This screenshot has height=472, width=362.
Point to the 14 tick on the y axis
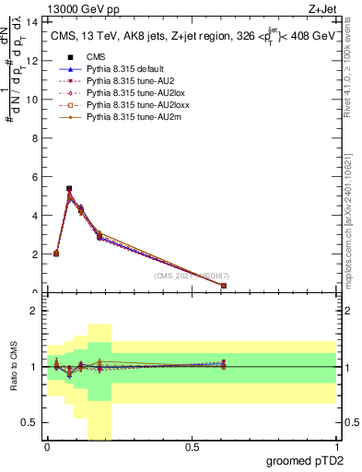[x=33, y=21]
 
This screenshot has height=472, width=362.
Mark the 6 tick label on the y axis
[x=36, y=176]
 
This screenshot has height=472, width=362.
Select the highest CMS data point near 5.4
[x=69, y=188]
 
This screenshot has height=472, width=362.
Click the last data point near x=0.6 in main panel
[x=224, y=286]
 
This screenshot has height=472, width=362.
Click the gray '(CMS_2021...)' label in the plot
[x=191, y=276]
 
